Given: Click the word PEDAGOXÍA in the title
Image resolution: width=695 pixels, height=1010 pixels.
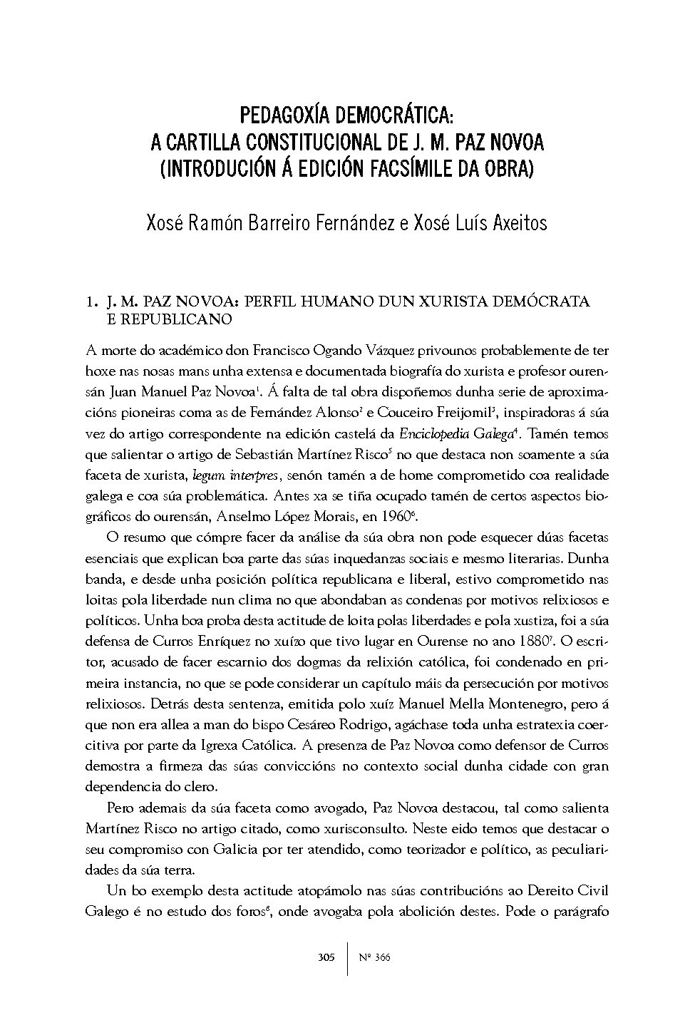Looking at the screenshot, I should tap(284, 115).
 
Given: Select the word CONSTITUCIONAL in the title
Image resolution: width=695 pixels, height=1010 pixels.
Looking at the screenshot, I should tap(309, 143).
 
